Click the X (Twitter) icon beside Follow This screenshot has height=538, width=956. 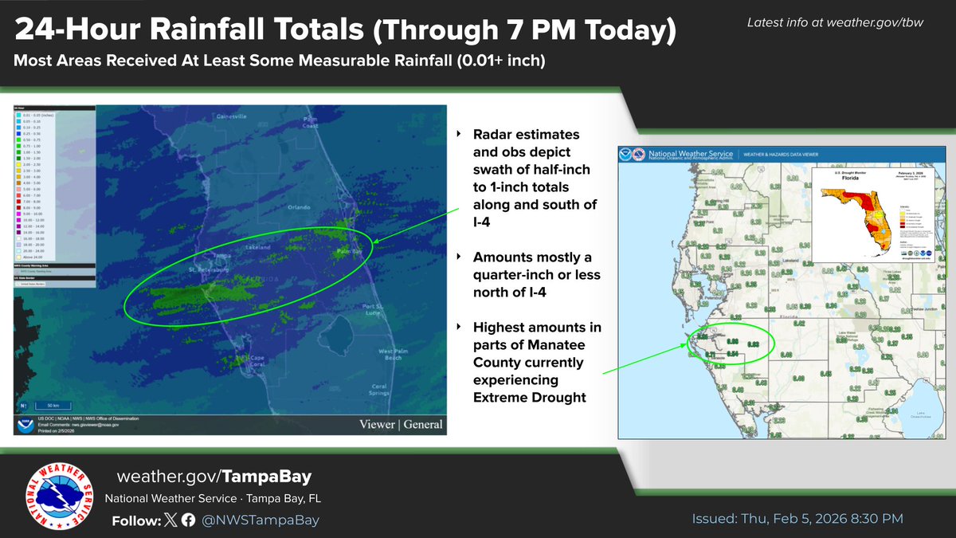(x=170, y=520)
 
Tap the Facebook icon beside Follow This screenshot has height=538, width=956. (x=188, y=520)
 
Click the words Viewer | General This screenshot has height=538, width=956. (x=400, y=425)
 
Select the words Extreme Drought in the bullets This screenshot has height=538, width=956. (x=529, y=397)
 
